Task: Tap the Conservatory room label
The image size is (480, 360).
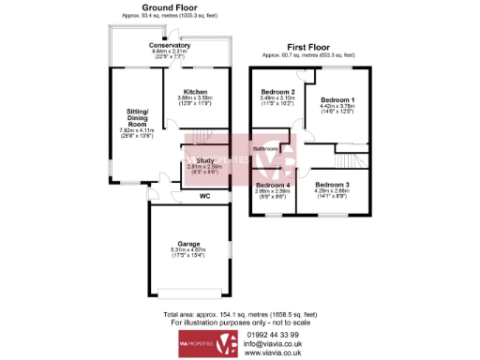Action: click(170, 44)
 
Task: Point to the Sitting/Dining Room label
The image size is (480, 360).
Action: click(137, 117)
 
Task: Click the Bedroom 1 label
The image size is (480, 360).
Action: click(337, 99)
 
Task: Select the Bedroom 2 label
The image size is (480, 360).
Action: click(278, 91)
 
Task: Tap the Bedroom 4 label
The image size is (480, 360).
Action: click(274, 185)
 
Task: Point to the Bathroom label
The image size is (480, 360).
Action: click(266, 148)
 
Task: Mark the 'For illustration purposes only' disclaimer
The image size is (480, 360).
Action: click(240, 323)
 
